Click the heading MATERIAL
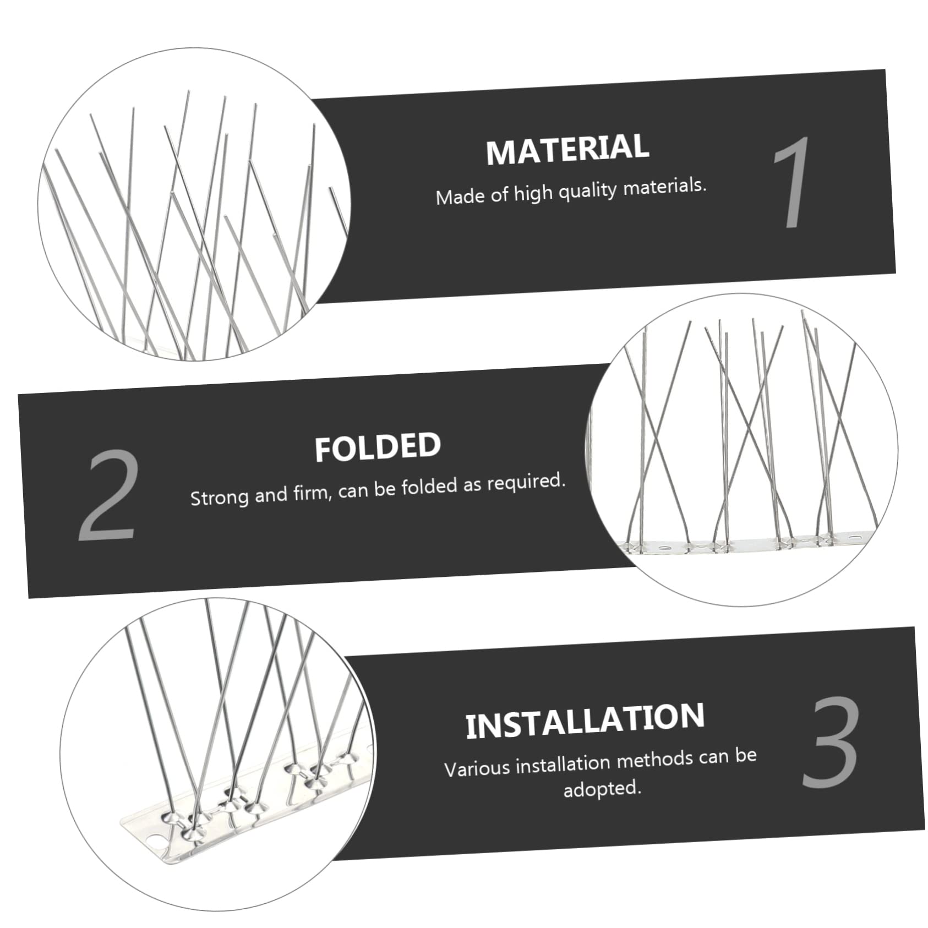pyautogui.click(x=567, y=149)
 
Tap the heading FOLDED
pyautogui.click(x=378, y=447)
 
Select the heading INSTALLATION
pyautogui.click(x=585, y=720)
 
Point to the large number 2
pyautogui.click(x=108, y=495)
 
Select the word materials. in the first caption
pyautogui.click(x=664, y=187)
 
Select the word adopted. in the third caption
pyautogui.click(x=602, y=789)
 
